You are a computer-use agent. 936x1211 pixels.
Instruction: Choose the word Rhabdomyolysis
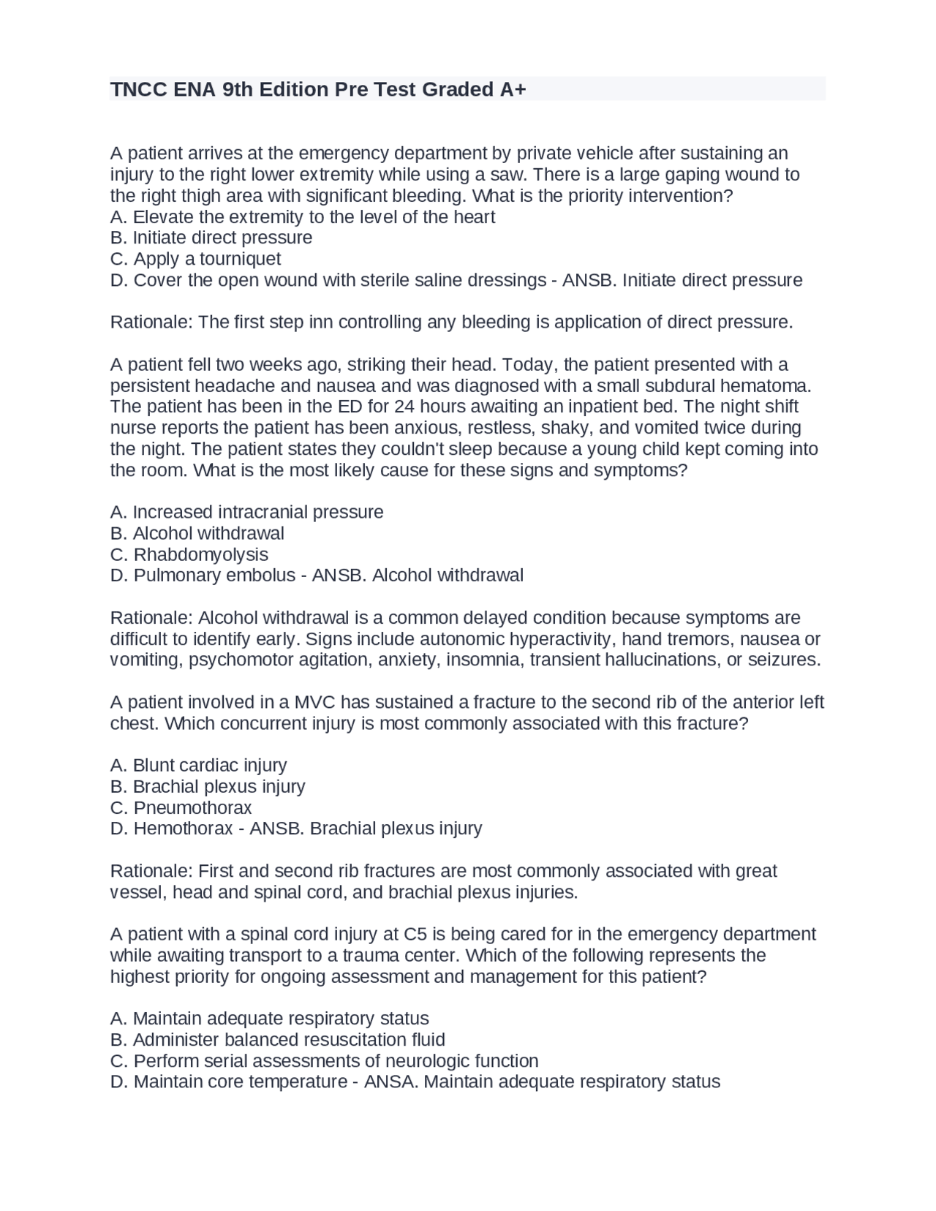click(200, 554)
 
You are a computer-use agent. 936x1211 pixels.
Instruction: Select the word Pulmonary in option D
click(177, 576)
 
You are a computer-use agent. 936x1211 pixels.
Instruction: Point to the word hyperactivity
click(562, 639)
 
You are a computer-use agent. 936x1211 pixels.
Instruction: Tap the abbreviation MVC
click(314, 703)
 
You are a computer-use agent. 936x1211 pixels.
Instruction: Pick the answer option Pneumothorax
click(192, 808)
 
